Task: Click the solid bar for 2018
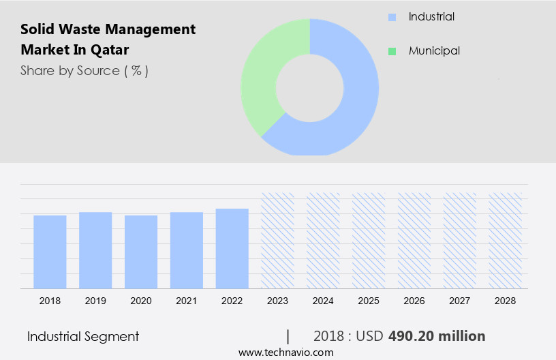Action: point(50,252)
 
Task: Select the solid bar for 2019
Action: point(95,250)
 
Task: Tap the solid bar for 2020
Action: point(141,252)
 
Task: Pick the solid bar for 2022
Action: point(232,248)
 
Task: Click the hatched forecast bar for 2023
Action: point(278,240)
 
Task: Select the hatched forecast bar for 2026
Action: point(415,240)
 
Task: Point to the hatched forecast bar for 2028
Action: point(506,240)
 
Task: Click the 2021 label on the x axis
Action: point(187,300)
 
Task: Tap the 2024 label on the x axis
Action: point(324,300)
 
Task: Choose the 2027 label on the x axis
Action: point(460,300)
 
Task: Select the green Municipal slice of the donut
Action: point(262,75)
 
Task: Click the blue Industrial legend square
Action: point(392,17)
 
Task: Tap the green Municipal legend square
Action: point(392,51)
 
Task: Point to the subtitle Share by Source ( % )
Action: point(84,70)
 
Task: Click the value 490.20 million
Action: point(437,336)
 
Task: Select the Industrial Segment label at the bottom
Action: point(83,336)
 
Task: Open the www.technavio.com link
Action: point(286,352)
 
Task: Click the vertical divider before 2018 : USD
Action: point(288,336)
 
